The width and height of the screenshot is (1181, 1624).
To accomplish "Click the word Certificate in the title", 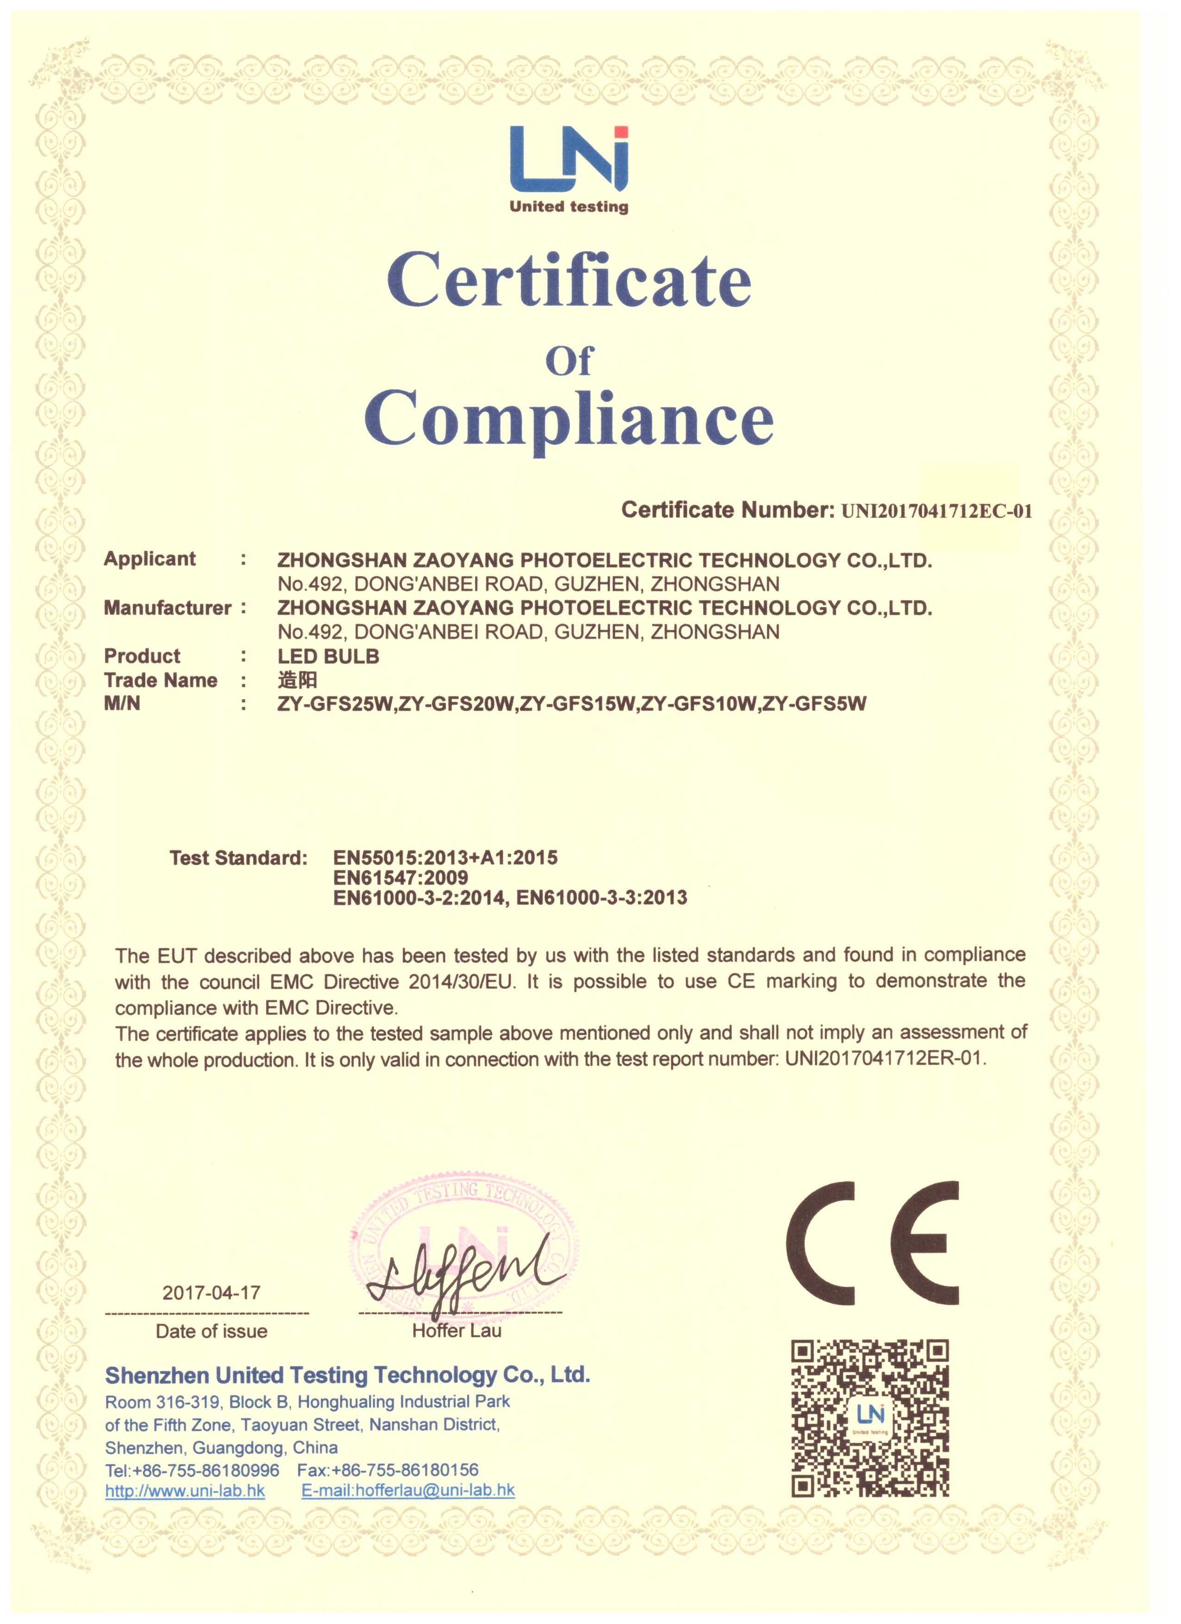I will (569, 281).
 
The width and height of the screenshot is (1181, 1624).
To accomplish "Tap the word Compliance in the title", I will (569, 418).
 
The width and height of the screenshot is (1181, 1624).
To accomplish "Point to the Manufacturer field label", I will (167, 608).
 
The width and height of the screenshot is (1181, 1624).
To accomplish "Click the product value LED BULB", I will (328, 656).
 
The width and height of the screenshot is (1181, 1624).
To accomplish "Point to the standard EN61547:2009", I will (400, 877).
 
